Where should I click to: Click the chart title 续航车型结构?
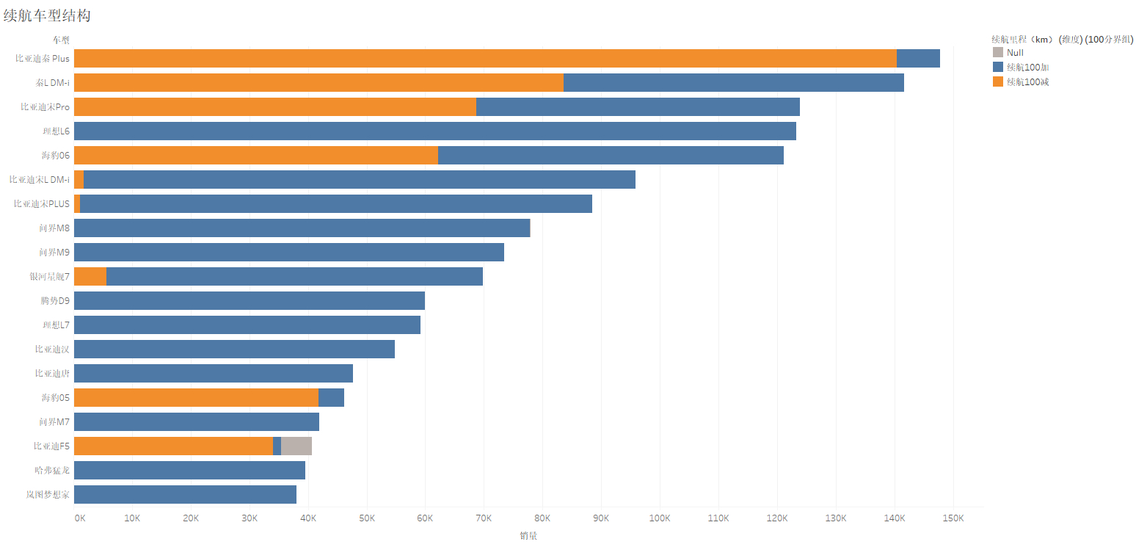pos(47,15)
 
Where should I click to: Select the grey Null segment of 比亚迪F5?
pos(296,446)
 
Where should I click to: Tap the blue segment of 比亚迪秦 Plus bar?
pos(918,59)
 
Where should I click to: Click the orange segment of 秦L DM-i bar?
pos(318,83)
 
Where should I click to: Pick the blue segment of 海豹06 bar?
pos(611,156)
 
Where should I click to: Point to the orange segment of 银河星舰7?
pos(90,277)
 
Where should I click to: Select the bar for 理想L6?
pos(435,131)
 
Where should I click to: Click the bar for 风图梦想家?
pos(185,495)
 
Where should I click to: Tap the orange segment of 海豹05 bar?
pos(196,398)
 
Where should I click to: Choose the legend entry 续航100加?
pos(1027,67)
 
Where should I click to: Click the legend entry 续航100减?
pos(1027,81)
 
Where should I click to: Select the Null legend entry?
pos(1015,53)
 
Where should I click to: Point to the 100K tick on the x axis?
pos(660,518)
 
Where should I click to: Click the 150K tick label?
pos(953,518)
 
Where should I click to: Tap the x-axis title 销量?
pos(528,536)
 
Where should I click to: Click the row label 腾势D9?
pos(55,301)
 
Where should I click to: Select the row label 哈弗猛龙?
pos(52,471)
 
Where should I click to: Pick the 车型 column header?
pos(60,40)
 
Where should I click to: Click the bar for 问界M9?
pos(289,253)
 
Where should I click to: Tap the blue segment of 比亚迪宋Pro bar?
pos(638,107)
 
